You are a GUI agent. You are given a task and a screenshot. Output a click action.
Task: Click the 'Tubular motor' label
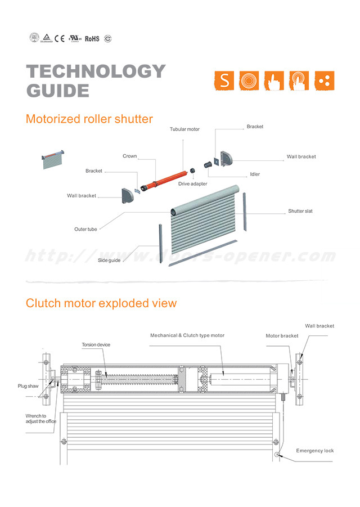[184, 129]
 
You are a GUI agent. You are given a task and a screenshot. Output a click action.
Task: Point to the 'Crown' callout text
[129, 156]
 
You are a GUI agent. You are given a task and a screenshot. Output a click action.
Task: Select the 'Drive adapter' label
[192, 184]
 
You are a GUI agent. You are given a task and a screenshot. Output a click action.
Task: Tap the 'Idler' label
[255, 174]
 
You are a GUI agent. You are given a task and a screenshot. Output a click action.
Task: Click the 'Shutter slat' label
[300, 211]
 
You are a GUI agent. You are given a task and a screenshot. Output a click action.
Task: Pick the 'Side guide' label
[109, 261]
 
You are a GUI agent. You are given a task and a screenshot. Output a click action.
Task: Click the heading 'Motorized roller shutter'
[89, 119]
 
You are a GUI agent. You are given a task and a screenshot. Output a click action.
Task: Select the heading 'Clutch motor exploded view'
[101, 303]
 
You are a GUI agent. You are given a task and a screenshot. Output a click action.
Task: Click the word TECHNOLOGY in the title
[96, 71]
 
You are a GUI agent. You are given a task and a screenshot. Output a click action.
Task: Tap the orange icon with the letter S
[224, 81]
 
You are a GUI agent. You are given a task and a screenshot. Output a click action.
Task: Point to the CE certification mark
[60, 38]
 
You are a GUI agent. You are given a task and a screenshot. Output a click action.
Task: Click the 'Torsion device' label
[96, 345]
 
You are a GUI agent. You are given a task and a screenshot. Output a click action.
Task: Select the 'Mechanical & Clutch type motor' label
[187, 335]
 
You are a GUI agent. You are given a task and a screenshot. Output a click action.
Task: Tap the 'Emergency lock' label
[315, 451]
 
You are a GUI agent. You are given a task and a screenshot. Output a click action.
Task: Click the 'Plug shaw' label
[28, 387]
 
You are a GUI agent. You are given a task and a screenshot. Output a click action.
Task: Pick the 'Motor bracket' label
[282, 336]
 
